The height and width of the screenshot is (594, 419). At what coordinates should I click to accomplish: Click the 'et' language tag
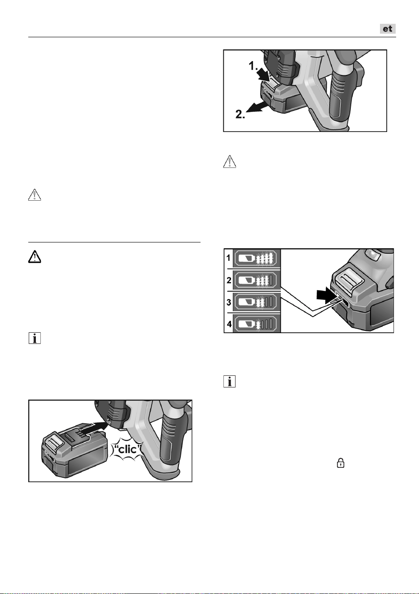click(x=388, y=29)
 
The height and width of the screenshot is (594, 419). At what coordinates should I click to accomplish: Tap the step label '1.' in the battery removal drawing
click(x=253, y=66)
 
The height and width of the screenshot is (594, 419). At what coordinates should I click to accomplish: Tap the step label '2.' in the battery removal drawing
click(x=240, y=114)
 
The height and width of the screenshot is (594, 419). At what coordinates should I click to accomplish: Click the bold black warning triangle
click(x=35, y=257)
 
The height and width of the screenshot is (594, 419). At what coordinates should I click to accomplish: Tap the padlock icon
click(x=340, y=463)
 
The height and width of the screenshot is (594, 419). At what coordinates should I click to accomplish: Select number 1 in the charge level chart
click(x=228, y=258)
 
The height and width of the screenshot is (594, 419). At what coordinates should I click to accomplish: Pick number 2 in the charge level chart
click(x=229, y=280)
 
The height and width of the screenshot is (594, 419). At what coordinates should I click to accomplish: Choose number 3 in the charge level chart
click(x=229, y=302)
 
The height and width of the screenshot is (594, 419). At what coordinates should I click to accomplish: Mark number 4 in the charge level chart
click(x=229, y=324)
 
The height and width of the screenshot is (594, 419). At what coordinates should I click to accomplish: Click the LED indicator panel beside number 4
click(x=257, y=324)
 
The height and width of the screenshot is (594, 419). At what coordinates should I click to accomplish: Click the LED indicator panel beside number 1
click(x=257, y=258)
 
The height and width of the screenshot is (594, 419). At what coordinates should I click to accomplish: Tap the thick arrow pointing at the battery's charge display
click(x=327, y=296)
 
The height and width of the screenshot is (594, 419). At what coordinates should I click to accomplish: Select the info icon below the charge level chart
click(x=230, y=381)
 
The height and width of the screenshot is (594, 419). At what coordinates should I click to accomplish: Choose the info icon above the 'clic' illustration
click(x=35, y=339)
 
